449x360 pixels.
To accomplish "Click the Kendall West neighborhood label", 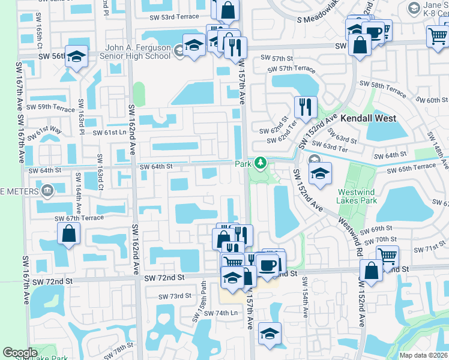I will [368, 119].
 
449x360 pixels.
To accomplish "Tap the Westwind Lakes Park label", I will [358, 197].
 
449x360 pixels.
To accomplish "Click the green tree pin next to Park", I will [260, 163].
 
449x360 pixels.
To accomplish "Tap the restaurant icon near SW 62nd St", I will [306, 107].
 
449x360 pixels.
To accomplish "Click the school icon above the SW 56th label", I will [76, 56].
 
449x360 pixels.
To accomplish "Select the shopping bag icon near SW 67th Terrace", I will [69, 233].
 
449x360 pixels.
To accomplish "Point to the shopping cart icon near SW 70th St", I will [387, 256].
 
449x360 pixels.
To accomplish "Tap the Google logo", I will [20, 353].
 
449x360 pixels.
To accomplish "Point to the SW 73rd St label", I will [175, 296].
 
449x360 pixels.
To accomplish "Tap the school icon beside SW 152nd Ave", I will [320, 173].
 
